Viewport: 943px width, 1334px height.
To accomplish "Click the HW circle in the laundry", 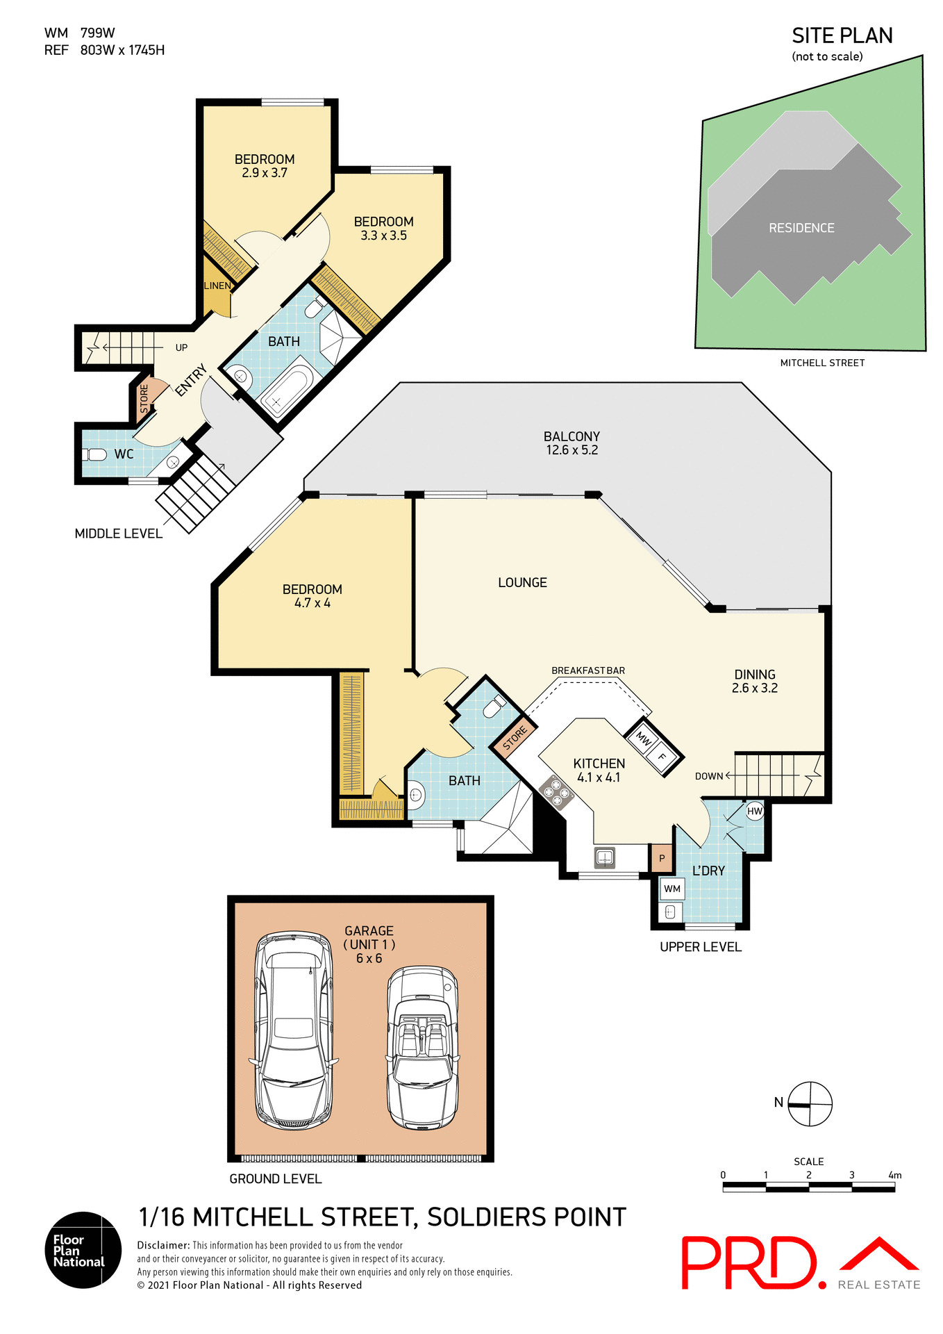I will coord(755,811).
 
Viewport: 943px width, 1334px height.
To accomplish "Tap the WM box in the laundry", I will coord(672,889).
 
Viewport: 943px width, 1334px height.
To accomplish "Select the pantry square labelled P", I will coord(662,858).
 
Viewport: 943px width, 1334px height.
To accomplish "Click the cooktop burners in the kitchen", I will coord(556,792).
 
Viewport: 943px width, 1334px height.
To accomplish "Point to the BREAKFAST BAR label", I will coord(588,670).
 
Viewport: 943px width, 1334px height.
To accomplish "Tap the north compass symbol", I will coord(810,1104).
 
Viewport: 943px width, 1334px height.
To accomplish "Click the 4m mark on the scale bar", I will coord(894,1176).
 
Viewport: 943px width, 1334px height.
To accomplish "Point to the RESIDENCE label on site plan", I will coord(801,228).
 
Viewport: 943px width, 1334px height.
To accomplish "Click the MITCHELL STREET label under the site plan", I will coord(822,363).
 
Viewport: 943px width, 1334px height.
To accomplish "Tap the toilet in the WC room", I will coord(95,454).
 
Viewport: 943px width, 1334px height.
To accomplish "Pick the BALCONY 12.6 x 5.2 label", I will coord(571,443).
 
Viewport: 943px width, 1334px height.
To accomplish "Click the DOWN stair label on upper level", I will coord(709,776).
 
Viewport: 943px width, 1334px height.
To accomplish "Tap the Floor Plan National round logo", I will coord(83,1250).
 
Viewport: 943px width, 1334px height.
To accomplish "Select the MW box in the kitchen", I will coord(644,740).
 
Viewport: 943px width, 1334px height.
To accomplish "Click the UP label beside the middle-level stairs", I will coord(181,347).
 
